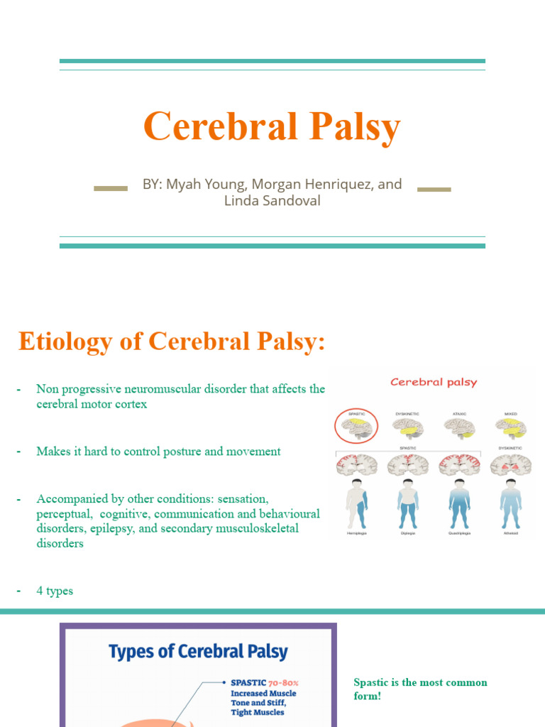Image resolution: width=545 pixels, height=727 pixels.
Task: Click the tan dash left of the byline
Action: (111, 189)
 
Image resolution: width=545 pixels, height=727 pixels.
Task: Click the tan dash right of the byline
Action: (434, 190)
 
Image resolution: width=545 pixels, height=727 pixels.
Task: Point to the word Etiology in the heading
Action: (64, 341)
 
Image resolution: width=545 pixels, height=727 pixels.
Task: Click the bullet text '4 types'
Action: (55, 591)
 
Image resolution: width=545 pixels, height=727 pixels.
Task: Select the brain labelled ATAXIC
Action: (459, 427)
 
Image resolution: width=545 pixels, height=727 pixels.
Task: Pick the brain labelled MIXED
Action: (510, 427)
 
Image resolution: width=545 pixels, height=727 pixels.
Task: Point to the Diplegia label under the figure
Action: (407, 532)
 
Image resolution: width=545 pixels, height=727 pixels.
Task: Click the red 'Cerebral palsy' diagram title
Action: (434, 382)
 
